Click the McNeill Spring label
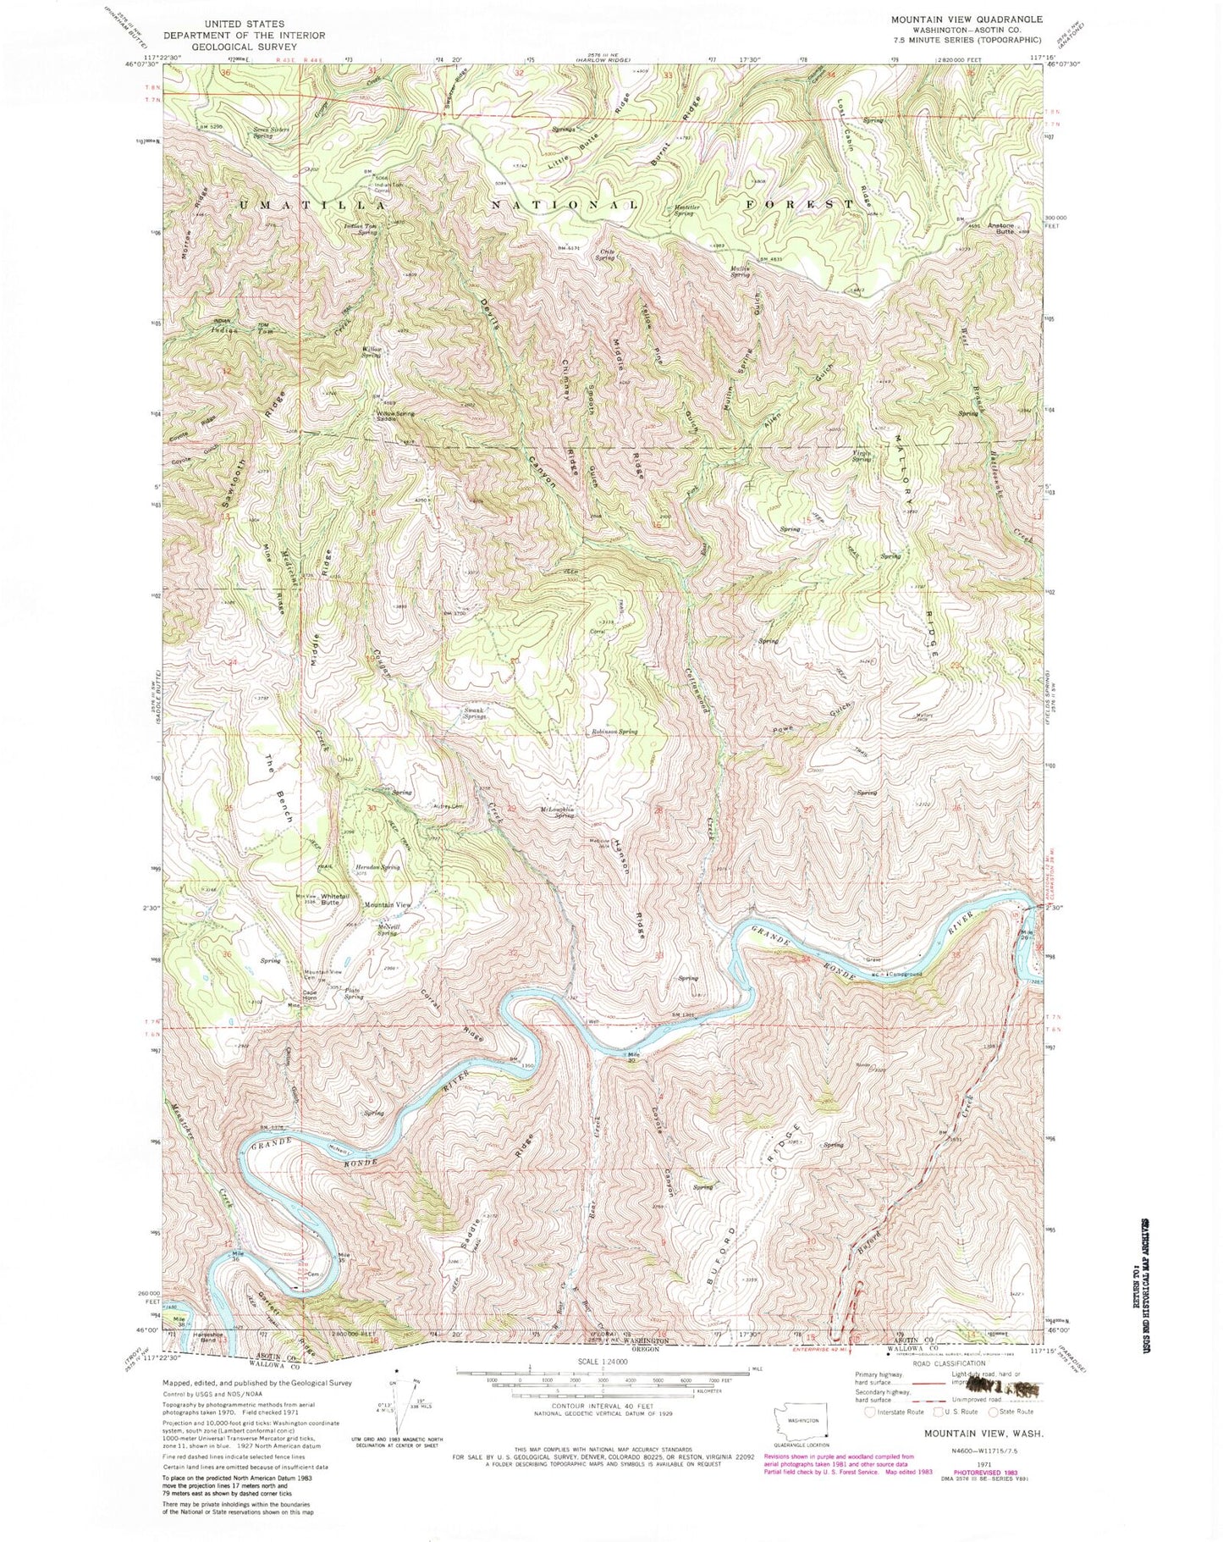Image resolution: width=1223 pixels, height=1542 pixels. (388, 930)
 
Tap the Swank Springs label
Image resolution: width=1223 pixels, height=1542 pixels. (475, 714)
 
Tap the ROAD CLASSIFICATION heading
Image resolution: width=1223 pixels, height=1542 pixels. (936, 1363)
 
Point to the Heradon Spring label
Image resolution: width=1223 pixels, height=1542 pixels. (378, 867)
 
